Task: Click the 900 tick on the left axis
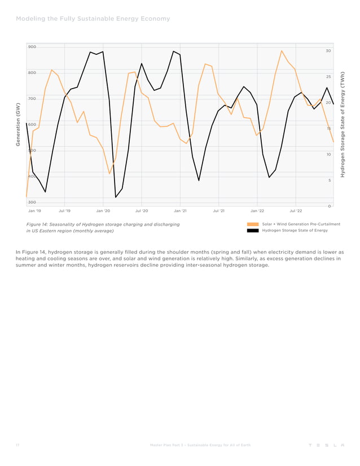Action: click(x=32, y=47)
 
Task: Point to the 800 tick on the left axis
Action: click(x=32, y=73)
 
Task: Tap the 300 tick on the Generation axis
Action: click(x=32, y=202)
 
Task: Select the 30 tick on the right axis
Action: click(x=328, y=51)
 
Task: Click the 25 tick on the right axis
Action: click(x=328, y=77)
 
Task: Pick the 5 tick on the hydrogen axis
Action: click(x=329, y=180)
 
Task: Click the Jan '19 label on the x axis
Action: click(x=34, y=210)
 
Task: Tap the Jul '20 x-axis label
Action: click(x=142, y=210)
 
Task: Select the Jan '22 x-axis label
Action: click(x=257, y=210)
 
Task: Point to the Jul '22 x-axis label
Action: click(x=296, y=210)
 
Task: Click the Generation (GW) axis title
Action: click(x=18, y=125)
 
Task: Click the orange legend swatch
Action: click(x=253, y=225)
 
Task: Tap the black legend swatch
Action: click(x=253, y=231)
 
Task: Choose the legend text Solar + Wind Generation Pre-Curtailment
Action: click(x=301, y=225)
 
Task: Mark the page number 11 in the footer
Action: click(x=17, y=445)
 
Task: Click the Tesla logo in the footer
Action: click(x=326, y=445)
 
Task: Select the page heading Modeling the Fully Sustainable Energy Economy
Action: click(x=93, y=19)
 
